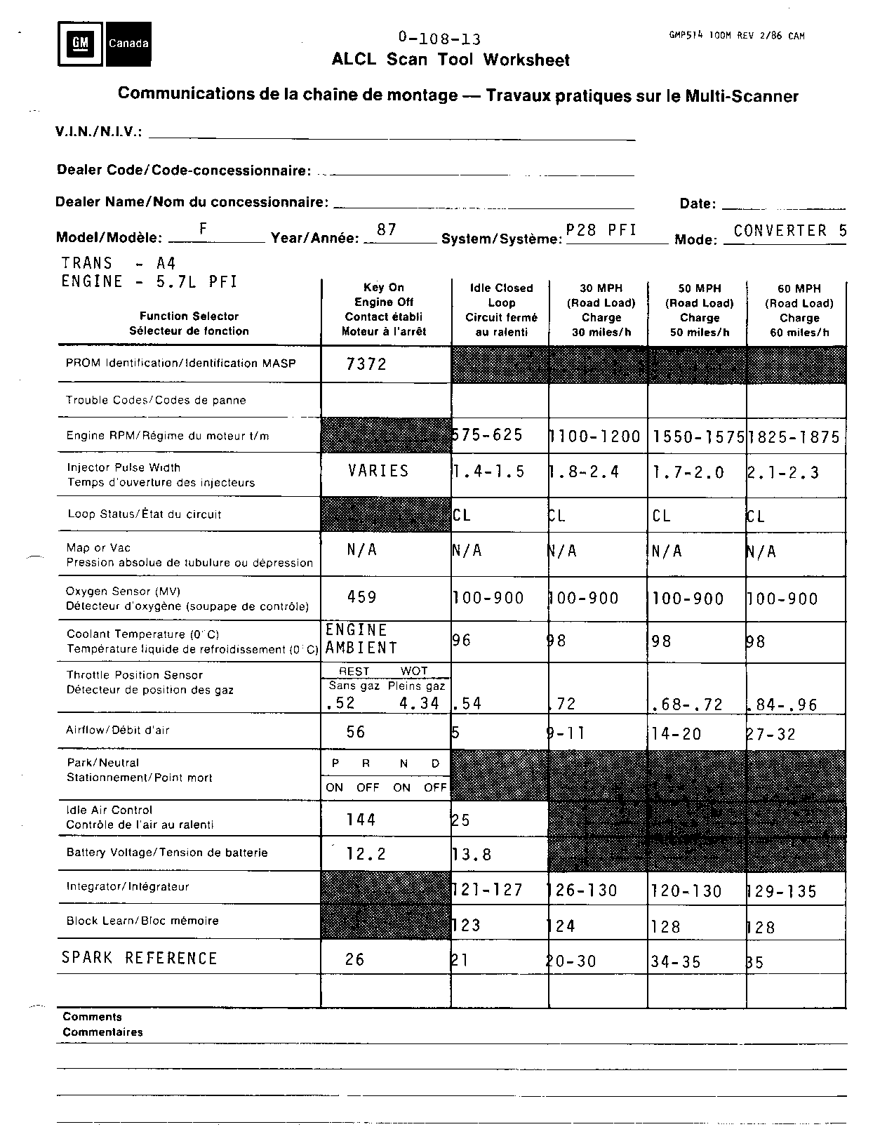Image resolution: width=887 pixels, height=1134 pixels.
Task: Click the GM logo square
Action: click(80, 44)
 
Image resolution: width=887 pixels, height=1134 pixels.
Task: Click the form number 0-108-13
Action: click(439, 39)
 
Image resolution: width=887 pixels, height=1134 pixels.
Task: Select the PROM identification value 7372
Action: click(366, 364)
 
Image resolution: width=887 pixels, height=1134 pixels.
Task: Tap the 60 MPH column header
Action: click(799, 309)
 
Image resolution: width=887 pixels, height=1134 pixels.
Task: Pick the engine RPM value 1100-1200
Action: click(595, 436)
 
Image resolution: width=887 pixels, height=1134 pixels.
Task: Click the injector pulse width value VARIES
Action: click(378, 471)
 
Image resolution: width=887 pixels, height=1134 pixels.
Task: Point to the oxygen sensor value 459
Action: click(362, 597)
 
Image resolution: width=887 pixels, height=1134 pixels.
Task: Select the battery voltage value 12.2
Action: click(366, 854)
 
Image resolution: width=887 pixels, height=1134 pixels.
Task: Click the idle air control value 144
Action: click(361, 820)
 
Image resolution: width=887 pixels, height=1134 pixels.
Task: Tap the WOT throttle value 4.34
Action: click(419, 703)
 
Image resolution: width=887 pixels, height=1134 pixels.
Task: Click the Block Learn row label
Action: click(142, 921)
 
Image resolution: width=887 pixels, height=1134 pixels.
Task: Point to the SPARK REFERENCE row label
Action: click(140, 958)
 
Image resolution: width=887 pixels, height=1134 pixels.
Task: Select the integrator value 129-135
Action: click(782, 891)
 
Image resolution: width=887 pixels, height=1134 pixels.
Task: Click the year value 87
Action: click(387, 229)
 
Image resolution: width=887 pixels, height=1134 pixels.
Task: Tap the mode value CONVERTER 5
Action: click(790, 231)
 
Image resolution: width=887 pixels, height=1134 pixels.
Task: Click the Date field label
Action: click(697, 204)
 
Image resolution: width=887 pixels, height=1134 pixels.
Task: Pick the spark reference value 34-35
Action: click(676, 961)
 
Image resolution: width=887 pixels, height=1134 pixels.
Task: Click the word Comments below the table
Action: click(92, 1017)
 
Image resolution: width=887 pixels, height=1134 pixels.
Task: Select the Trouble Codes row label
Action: click(156, 400)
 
